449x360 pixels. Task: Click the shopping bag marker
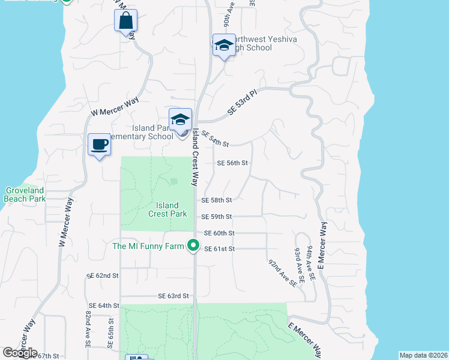click(125, 20)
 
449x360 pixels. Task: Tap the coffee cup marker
click(99, 145)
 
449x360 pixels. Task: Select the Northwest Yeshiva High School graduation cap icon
click(224, 45)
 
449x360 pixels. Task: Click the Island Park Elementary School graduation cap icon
click(180, 119)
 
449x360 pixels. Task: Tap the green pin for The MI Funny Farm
click(193, 246)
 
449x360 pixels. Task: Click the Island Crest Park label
click(167, 209)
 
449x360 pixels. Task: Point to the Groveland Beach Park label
click(24, 194)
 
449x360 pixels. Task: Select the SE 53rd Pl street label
click(242, 103)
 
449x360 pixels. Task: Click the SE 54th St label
click(215, 139)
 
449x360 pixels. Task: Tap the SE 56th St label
click(232, 163)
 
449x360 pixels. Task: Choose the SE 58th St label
click(217, 200)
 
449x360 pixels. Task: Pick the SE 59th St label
click(217, 217)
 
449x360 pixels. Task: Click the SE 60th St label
click(219, 233)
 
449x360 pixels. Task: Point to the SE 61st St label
click(220, 249)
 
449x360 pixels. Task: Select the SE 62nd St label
click(103, 275)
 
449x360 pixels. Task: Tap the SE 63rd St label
click(173, 296)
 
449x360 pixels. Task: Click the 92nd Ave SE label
click(282, 272)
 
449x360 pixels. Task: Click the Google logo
click(20, 353)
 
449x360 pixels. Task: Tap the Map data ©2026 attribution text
click(423, 355)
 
